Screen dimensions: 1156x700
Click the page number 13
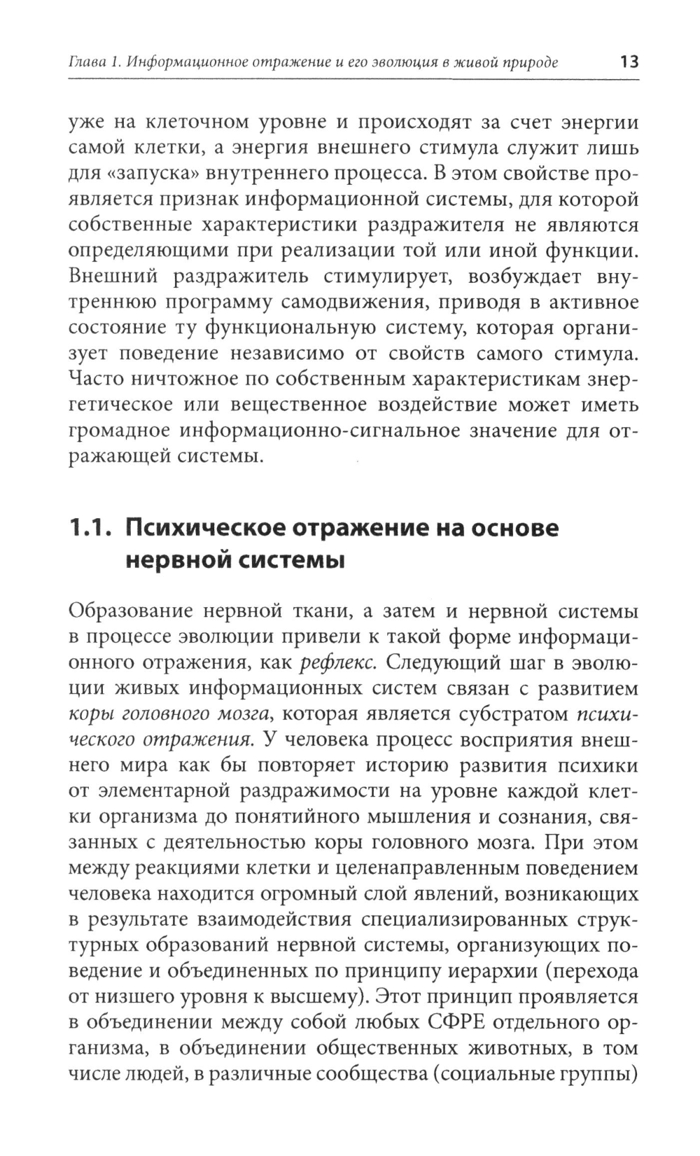629,62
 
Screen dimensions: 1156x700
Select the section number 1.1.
92,528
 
